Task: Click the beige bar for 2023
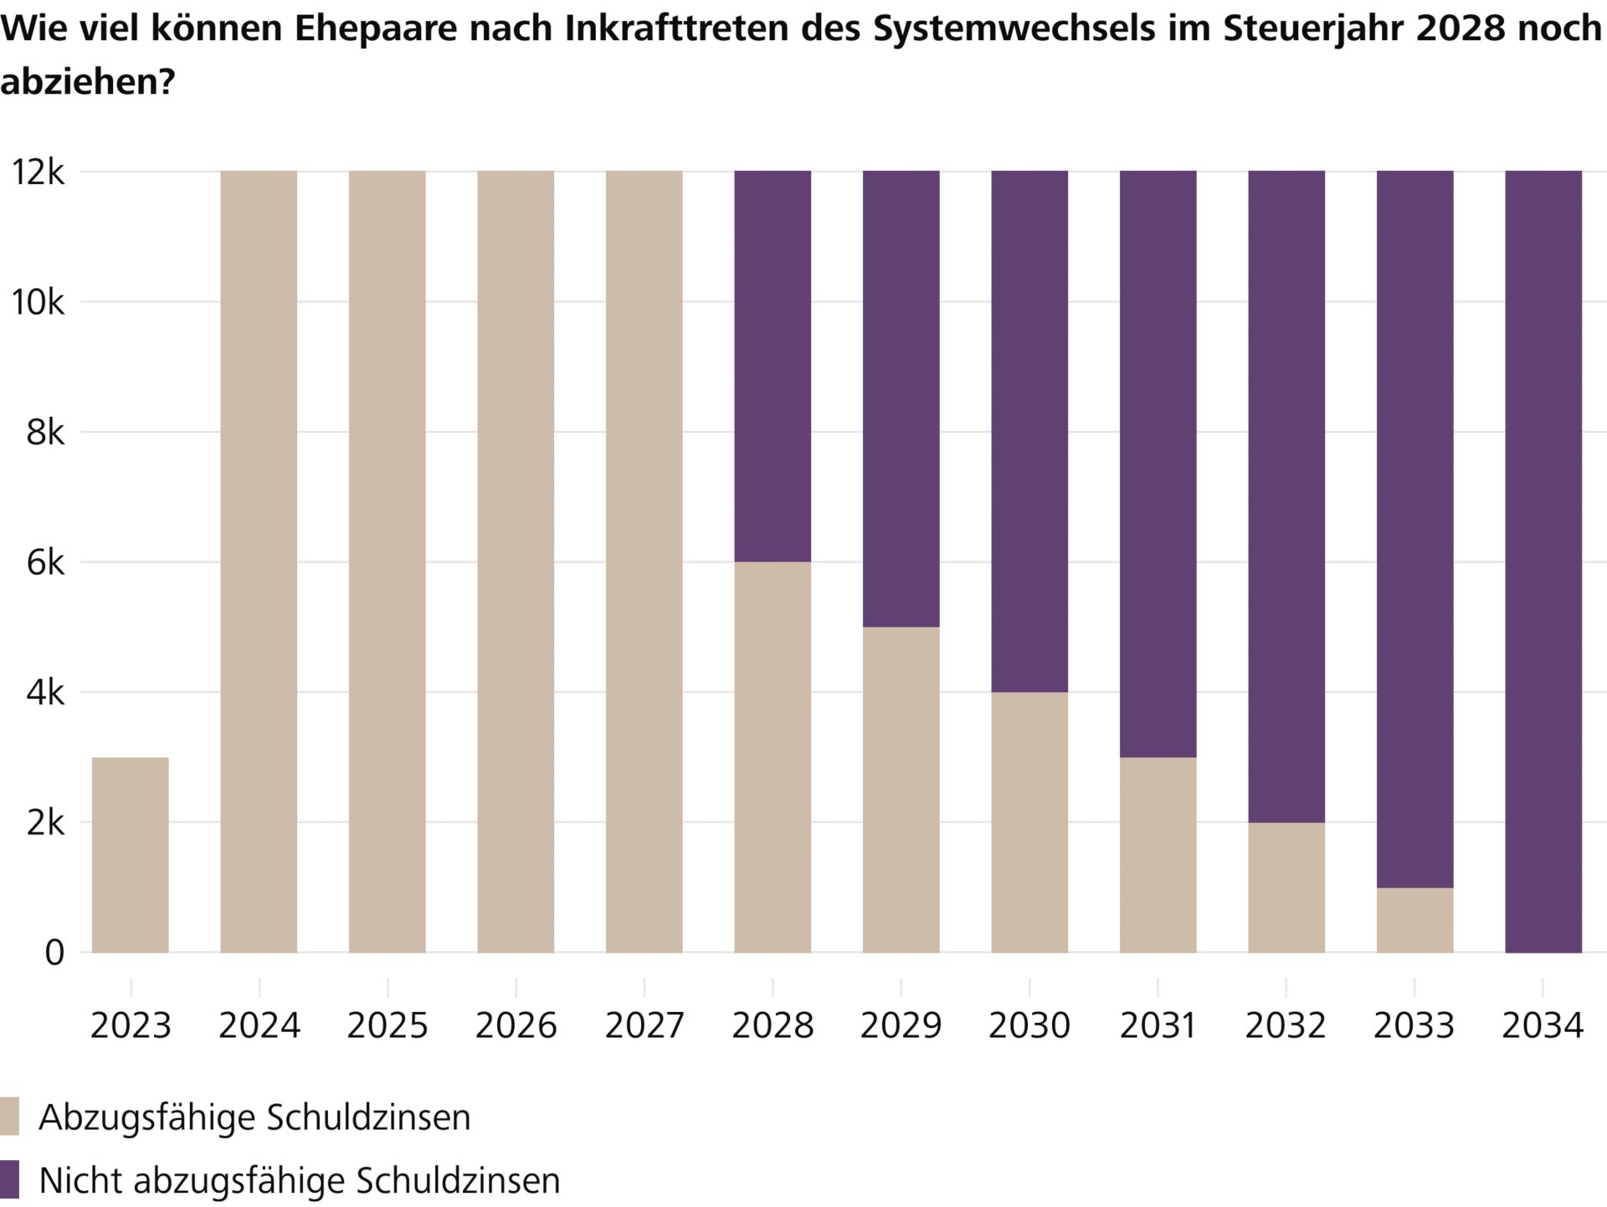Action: [x=130, y=855]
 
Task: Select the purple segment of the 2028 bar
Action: [x=773, y=366]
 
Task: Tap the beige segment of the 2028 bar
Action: [x=773, y=757]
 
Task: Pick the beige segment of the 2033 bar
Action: [x=1414, y=920]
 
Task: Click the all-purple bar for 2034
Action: [x=1543, y=561]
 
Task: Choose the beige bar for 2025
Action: [x=387, y=561]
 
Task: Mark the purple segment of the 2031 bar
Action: [x=1158, y=464]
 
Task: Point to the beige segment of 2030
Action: [x=1029, y=822]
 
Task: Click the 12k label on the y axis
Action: [x=37, y=172]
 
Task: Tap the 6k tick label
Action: [x=45, y=562]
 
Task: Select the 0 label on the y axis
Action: [x=54, y=953]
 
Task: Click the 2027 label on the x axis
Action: [x=644, y=1025]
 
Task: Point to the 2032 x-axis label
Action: [x=1286, y=1025]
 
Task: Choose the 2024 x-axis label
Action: [x=259, y=1025]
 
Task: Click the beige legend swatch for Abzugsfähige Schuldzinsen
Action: [x=10, y=1117]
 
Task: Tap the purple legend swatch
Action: [x=10, y=1179]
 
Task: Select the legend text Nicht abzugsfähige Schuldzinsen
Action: [x=299, y=1180]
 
